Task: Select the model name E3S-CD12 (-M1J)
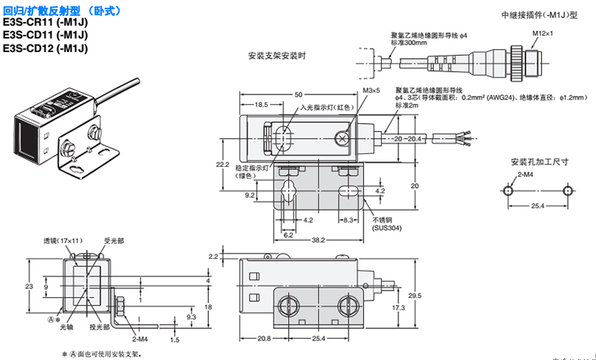tap(44, 49)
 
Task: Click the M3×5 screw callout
tap(372, 91)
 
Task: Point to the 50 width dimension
tap(298, 94)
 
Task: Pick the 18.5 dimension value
tap(261, 105)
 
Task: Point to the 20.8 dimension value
tap(263, 339)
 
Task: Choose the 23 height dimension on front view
tap(29, 287)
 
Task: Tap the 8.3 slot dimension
tap(349, 220)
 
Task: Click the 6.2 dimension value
tap(288, 235)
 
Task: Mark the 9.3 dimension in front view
tap(171, 318)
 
